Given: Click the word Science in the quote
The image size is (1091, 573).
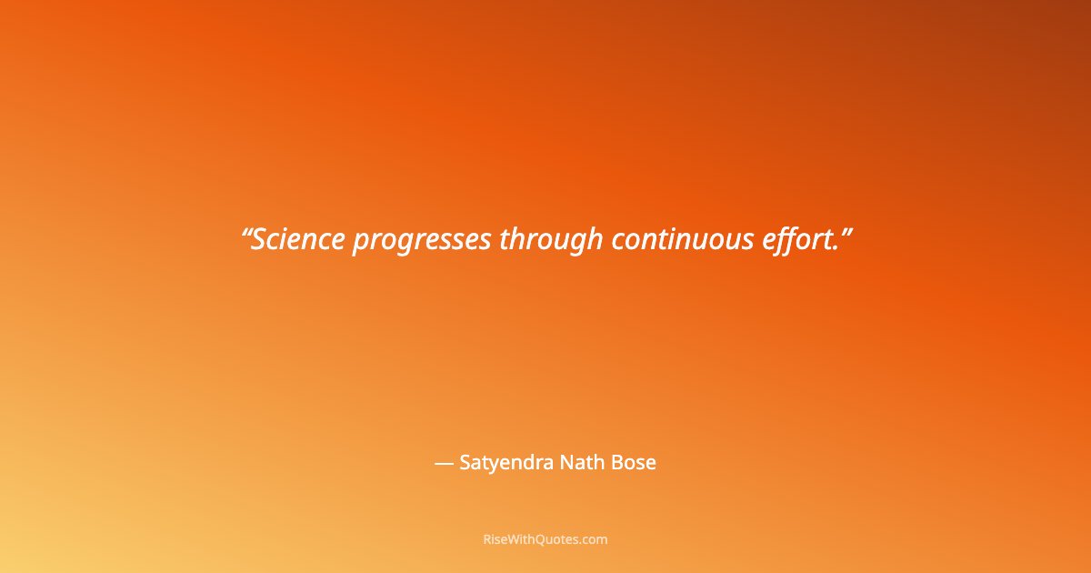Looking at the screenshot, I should point(298,240).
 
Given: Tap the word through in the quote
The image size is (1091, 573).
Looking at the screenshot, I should point(551,240).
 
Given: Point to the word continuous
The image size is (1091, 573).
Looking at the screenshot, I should point(682,240).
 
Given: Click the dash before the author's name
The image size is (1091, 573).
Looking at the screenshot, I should point(444,463).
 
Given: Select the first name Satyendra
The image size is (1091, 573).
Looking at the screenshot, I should point(502,463).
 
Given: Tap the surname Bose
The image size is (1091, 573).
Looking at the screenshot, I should point(633,463).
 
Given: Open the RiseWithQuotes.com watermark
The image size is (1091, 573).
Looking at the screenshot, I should point(545,539).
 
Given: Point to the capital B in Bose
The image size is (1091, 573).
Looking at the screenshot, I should point(616,463).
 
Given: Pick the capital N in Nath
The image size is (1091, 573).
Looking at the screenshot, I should point(563,463).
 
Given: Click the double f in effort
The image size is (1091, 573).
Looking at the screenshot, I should point(788,240).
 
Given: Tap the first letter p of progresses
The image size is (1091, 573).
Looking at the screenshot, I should point(360,244).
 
